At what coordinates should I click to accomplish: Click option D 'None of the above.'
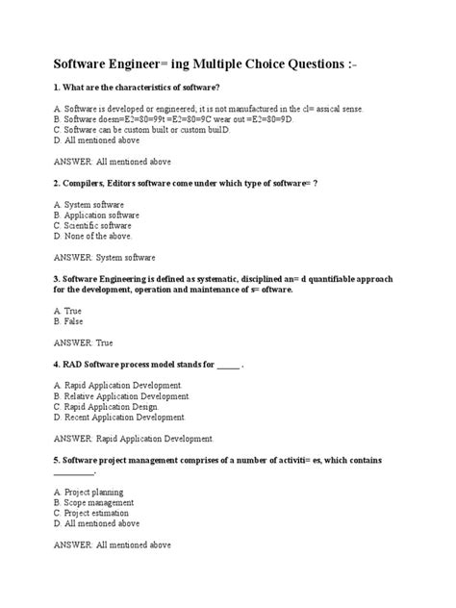(93, 236)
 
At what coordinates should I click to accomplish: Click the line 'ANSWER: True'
(84, 342)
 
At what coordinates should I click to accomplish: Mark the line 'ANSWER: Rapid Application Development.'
(135, 439)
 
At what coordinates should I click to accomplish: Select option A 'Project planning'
(95, 492)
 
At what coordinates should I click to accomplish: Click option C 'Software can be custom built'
(150, 129)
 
